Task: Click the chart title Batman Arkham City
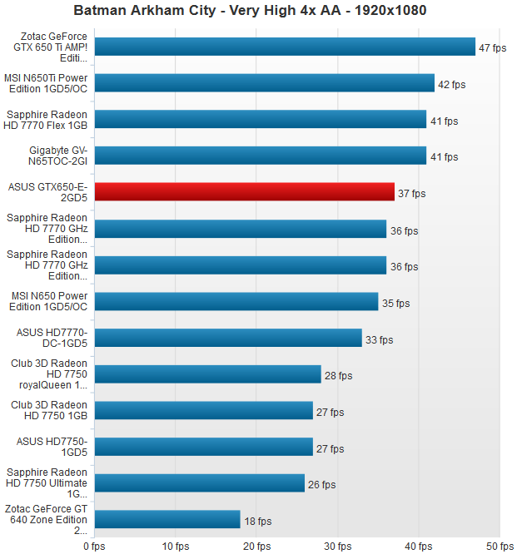(x=258, y=11)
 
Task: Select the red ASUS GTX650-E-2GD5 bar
(x=245, y=192)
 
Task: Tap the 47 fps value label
(x=493, y=47)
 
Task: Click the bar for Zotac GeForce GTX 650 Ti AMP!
(x=285, y=47)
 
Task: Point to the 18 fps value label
(x=257, y=522)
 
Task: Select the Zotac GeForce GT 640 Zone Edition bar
(x=167, y=520)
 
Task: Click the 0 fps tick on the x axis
(x=94, y=547)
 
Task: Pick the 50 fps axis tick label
(x=500, y=547)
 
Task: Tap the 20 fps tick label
(x=256, y=547)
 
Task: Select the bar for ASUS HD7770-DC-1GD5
(x=228, y=338)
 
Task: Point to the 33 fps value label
(x=379, y=339)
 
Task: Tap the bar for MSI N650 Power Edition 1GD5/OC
(x=236, y=301)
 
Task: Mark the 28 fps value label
(x=338, y=376)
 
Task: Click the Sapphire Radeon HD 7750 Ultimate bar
(x=200, y=483)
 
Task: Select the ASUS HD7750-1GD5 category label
(x=52, y=447)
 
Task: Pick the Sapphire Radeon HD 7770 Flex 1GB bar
(x=261, y=120)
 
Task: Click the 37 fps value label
(x=411, y=194)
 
